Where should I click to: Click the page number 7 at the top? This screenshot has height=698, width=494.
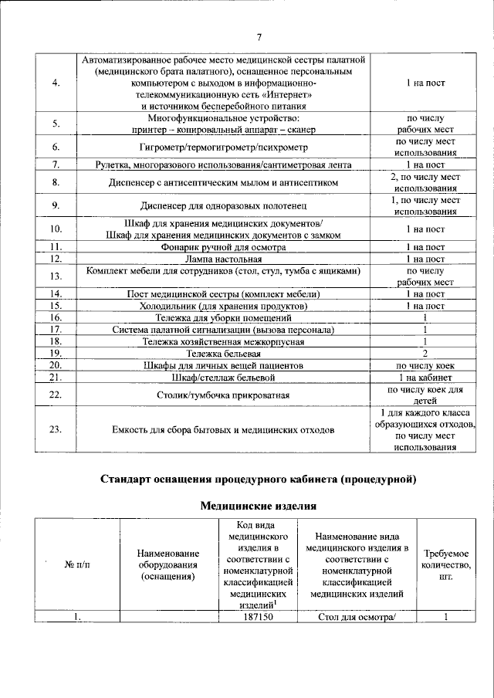[x=259, y=37]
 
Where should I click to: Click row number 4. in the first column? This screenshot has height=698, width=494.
[x=56, y=83]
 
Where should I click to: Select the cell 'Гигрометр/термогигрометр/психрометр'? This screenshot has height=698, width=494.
[x=223, y=147]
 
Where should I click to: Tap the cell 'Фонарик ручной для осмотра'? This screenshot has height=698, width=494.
[x=223, y=247]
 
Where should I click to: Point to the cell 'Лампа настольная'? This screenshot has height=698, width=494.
[x=223, y=259]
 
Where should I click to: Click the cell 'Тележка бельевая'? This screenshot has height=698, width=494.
[x=223, y=353]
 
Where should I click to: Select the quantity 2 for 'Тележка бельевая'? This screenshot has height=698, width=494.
[x=425, y=353]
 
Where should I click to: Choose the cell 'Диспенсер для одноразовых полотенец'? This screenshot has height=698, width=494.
[x=223, y=206]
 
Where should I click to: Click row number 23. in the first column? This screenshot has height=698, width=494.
[x=56, y=430]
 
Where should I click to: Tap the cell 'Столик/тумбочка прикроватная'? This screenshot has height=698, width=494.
[x=223, y=395]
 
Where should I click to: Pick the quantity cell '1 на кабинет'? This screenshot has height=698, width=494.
[x=425, y=377]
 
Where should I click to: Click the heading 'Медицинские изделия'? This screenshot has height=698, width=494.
[x=259, y=507]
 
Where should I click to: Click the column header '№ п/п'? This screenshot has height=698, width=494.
[x=76, y=565]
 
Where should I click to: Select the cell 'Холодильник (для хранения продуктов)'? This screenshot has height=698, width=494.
[x=223, y=306]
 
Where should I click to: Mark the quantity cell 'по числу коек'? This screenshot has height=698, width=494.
[x=425, y=365]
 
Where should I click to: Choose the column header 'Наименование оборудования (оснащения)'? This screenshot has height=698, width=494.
[x=167, y=565]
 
